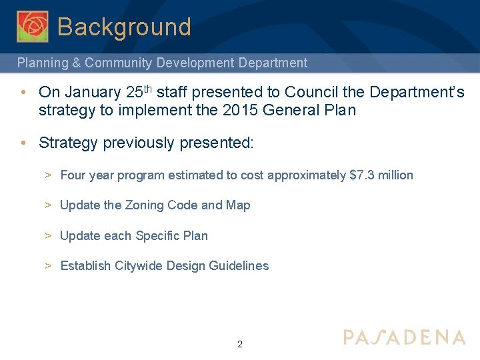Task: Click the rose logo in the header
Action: [x=32, y=26]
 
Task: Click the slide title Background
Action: [x=124, y=27]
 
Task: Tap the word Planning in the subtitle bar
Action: [x=41, y=63]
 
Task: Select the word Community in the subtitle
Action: [x=119, y=63]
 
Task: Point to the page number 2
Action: [x=240, y=345]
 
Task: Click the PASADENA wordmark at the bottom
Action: [x=404, y=337]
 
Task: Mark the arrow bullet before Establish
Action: [x=49, y=266]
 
